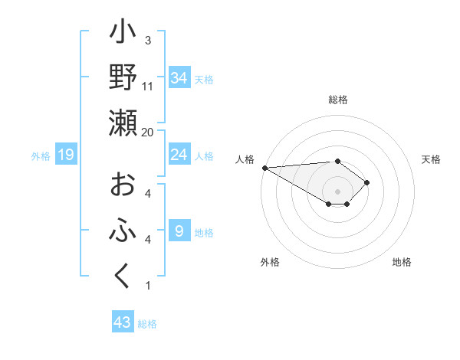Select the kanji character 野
point(123,77)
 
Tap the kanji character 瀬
point(123,123)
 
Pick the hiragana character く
point(123,277)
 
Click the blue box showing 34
point(179,77)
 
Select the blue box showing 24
point(179,155)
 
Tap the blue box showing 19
point(66,155)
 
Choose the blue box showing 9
point(179,231)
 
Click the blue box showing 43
point(122,322)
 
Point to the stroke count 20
point(148,132)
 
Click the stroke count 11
point(148,86)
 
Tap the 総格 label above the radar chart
point(338,100)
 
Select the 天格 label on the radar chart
point(432,159)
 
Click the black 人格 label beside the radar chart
point(245,159)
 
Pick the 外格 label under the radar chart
point(270,262)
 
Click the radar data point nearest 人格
point(264,168)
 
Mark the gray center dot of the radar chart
point(337,190)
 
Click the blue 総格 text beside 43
point(147,324)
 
